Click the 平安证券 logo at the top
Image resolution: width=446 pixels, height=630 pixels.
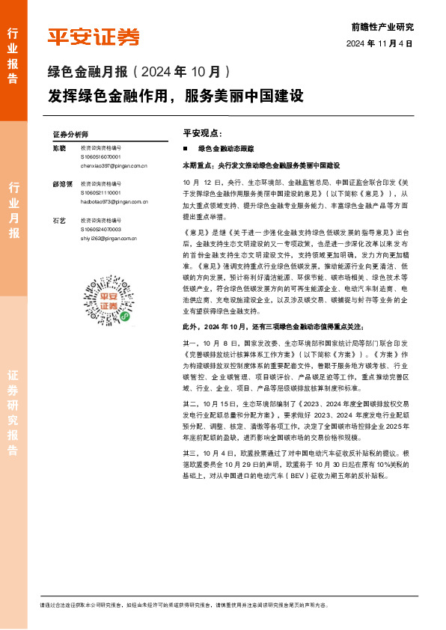tap(94, 36)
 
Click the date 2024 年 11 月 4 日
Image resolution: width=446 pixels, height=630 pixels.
tap(379, 43)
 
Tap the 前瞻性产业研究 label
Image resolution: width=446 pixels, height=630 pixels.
tap(382, 27)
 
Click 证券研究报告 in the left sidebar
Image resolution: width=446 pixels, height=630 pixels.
tap(13, 412)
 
